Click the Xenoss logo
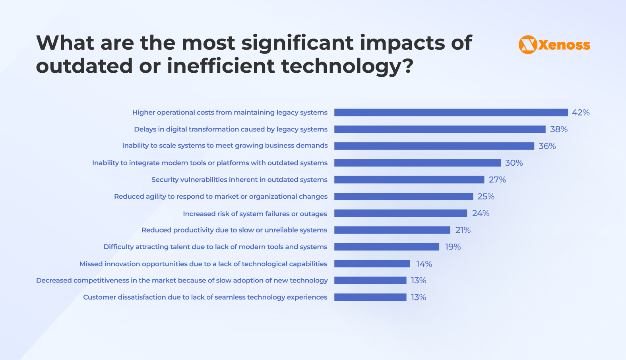(x=554, y=45)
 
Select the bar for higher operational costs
(x=451, y=112)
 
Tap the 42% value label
(x=580, y=112)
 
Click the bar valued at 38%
(x=440, y=129)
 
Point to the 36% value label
(x=547, y=146)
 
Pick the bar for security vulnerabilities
(x=409, y=180)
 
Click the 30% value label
(x=514, y=163)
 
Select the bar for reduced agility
(x=403, y=196)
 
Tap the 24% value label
(x=481, y=213)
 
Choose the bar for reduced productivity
(x=392, y=230)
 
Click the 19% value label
(x=453, y=247)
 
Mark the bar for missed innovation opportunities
(x=372, y=264)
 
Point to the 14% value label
(x=424, y=264)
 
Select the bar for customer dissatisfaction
(x=370, y=297)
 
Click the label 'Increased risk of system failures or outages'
(x=255, y=214)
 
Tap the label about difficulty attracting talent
(x=215, y=247)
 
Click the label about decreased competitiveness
(x=182, y=281)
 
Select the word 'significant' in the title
(x=297, y=43)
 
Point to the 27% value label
(x=497, y=180)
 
